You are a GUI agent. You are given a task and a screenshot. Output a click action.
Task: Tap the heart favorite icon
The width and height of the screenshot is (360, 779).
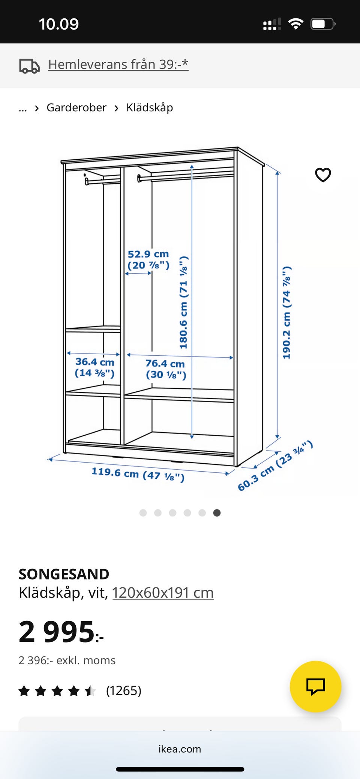tap(323, 175)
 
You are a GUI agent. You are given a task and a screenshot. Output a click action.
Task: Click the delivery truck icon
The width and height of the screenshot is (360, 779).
tap(29, 66)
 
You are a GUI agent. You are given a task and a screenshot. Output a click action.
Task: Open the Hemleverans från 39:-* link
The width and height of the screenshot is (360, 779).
tap(118, 64)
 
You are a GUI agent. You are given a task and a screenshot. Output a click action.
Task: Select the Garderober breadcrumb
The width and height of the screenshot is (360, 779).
tap(76, 108)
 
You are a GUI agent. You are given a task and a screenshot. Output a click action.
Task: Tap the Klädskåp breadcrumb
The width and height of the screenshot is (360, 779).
tap(150, 108)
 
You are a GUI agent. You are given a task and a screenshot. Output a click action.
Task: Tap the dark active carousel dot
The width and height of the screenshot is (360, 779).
tap(217, 513)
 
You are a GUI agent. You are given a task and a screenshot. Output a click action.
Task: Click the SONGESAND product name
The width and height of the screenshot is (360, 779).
tap(64, 574)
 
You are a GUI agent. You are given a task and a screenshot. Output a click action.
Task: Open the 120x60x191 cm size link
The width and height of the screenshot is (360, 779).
tap(163, 593)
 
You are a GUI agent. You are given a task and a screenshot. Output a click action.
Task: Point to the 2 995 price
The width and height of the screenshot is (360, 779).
tap(61, 632)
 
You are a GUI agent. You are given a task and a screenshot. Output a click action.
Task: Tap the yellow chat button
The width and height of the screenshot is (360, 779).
tap(316, 686)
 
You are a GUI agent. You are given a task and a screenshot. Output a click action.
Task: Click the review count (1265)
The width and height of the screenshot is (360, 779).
tap(124, 691)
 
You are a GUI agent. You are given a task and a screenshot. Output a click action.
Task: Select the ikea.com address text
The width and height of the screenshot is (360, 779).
tap(180, 749)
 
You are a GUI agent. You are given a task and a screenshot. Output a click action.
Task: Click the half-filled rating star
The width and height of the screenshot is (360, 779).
tap(90, 691)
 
